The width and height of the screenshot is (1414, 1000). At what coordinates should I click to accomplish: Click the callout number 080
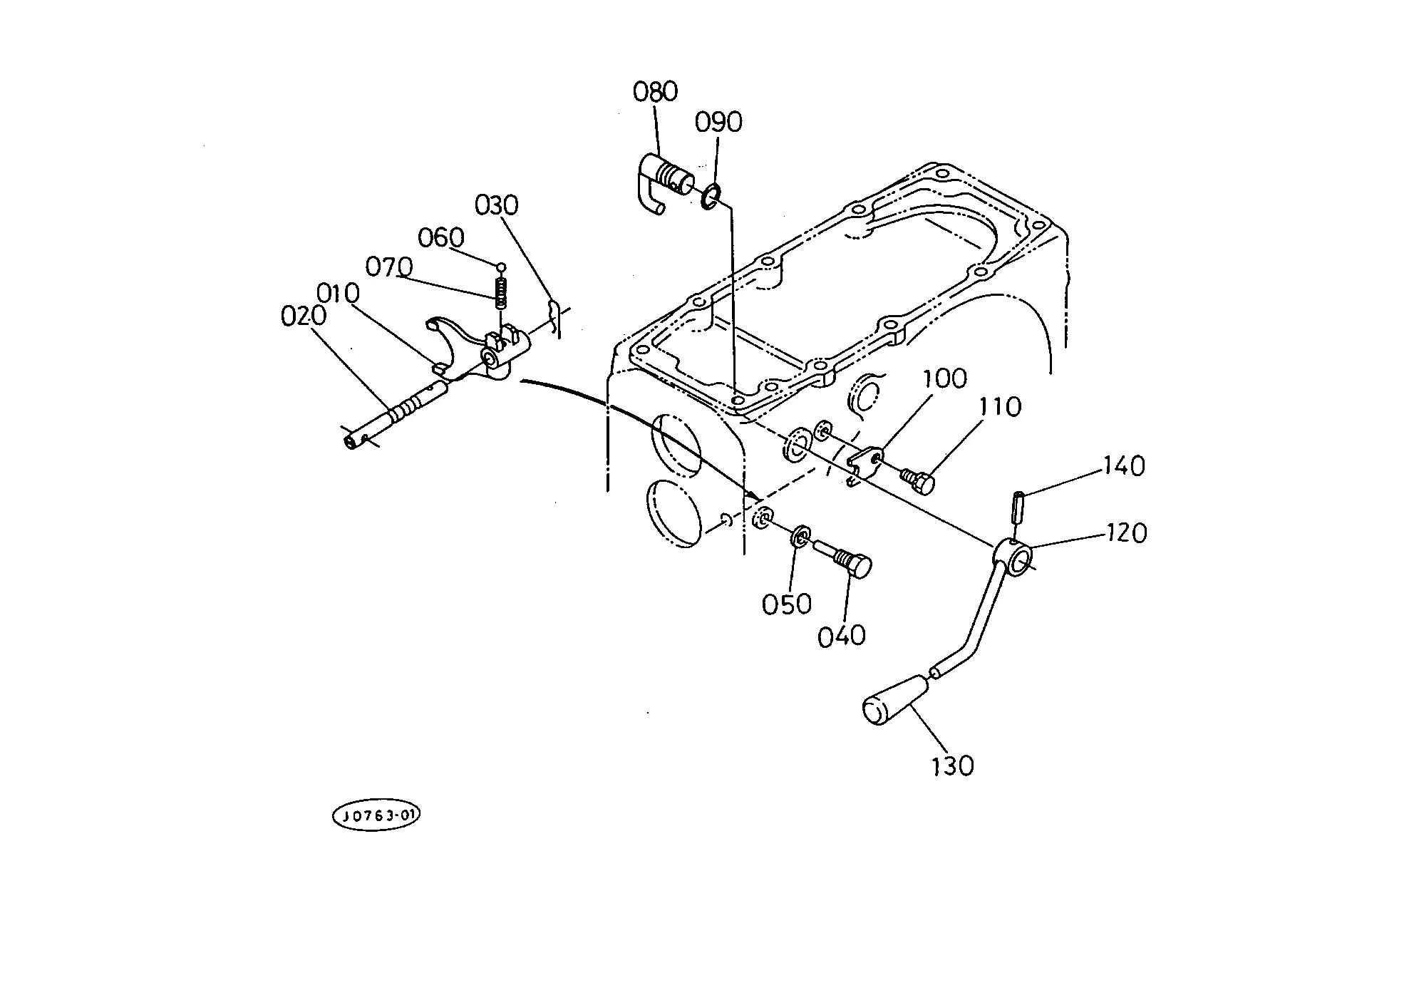pos(655,92)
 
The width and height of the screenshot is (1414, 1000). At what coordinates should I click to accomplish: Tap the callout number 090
pos(718,123)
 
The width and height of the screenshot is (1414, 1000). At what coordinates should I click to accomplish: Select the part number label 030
pos(496,205)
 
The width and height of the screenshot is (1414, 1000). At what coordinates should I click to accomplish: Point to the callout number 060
pos(441,237)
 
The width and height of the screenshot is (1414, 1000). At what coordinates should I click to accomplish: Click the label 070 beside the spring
pos(389,267)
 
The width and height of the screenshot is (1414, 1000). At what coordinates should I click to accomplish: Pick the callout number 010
pos(338,293)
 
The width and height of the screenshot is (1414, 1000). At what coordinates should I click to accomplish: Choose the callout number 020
pos(304,316)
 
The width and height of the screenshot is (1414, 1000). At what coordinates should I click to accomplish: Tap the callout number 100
pos(945,378)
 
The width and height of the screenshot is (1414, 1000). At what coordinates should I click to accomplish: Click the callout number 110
pos(1001,407)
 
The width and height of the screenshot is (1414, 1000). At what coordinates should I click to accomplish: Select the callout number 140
pos(1124,466)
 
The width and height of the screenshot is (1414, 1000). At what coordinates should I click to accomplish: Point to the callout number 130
pos(952,766)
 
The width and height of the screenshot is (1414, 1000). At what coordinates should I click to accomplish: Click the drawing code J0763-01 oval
pos(376,816)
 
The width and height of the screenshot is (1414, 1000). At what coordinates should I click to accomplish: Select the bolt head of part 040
pos(861,567)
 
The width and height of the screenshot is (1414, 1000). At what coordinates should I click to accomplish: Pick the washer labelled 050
pos(800,536)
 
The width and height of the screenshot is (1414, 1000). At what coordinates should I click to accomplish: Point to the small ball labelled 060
pos(501,267)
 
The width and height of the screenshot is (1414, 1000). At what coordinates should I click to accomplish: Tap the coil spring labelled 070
pos(501,292)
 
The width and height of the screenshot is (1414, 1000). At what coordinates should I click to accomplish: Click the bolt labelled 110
pos(918,480)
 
